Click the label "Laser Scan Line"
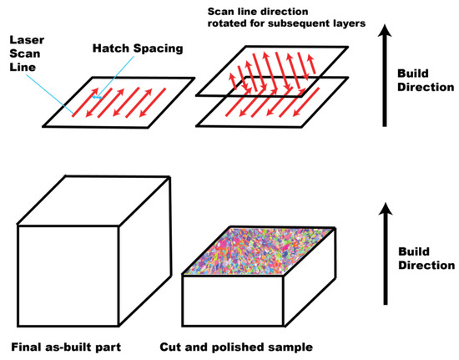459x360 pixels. pos(25,51)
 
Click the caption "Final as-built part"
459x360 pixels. pos(66,345)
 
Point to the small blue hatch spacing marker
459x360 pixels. pos(99,98)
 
